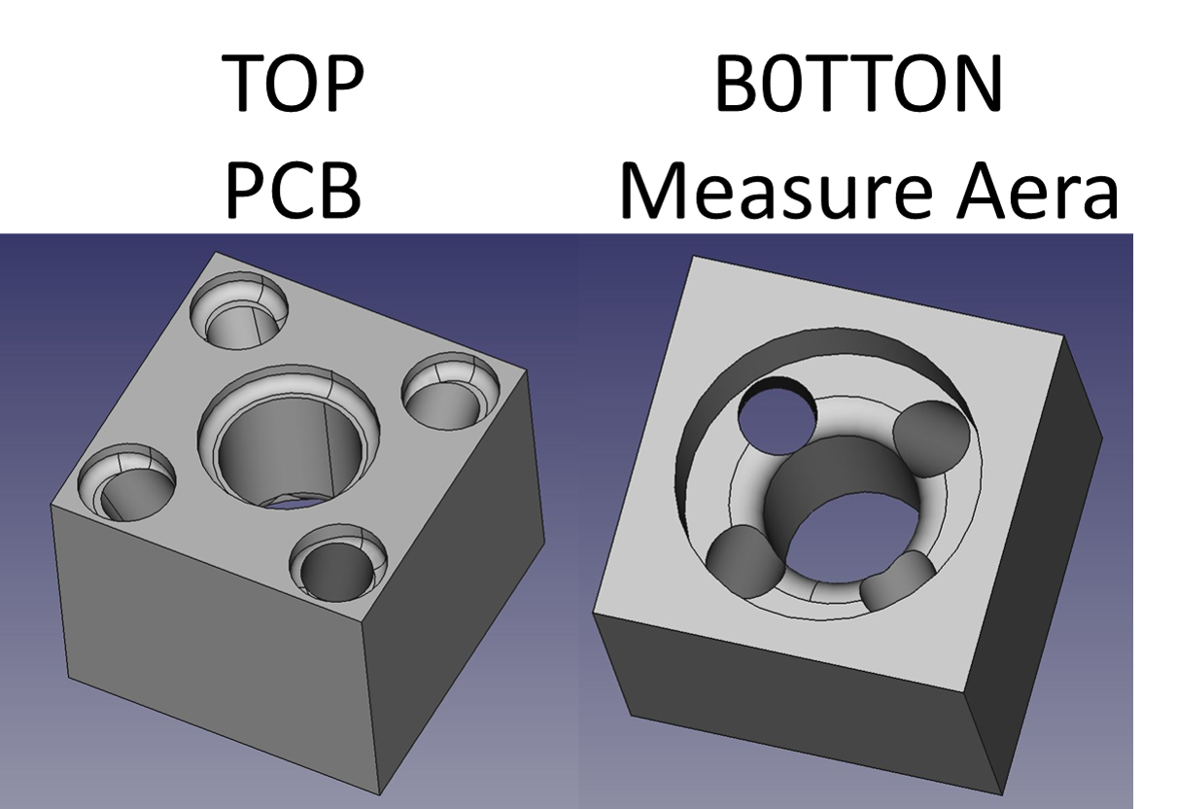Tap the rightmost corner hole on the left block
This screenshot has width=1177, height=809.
(x=450, y=392)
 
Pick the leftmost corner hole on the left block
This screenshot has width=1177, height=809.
(x=126, y=483)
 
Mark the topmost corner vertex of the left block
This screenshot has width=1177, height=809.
(x=214, y=253)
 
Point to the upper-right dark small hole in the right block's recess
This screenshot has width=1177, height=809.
(x=931, y=437)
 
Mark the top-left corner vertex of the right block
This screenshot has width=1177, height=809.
(x=692, y=257)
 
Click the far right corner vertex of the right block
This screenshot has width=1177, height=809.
(x=1102, y=437)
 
